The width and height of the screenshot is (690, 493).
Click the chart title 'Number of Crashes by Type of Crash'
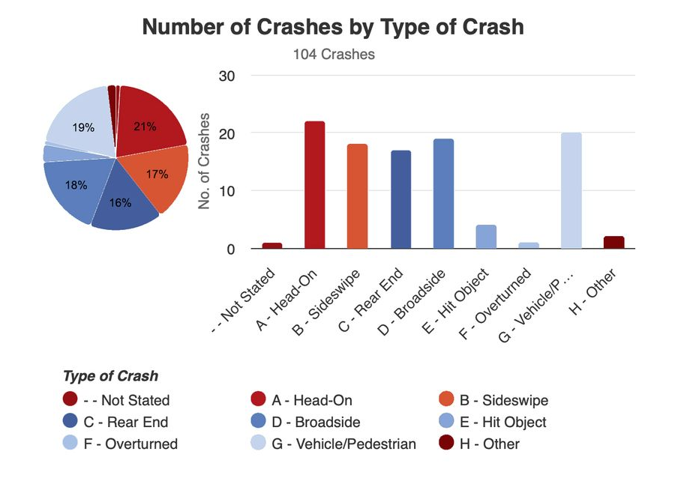click(332, 28)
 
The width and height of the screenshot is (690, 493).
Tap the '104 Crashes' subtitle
click(332, 54)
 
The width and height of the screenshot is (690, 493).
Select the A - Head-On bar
click(314, 185)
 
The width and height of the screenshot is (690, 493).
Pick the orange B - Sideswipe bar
click(357, 196)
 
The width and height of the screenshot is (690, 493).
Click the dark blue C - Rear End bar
click(400, 199)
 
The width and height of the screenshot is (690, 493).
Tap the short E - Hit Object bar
click(486, 237)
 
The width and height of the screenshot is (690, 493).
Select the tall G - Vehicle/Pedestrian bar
click(571, 191)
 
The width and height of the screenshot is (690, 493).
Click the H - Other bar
click(613, 242)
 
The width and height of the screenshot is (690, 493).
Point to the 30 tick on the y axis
click(226, 76)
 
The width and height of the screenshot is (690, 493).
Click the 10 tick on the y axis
click(226, 191)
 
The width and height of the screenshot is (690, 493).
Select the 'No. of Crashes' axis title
click(204, 162)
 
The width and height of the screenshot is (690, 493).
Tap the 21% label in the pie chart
click(145, 127)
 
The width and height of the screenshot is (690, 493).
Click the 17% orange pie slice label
click(157, 175)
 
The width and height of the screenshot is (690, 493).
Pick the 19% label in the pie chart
click(83, 127)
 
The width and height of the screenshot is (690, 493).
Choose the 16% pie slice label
click(120, 202)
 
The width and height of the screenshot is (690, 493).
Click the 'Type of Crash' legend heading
click(110, 376)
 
